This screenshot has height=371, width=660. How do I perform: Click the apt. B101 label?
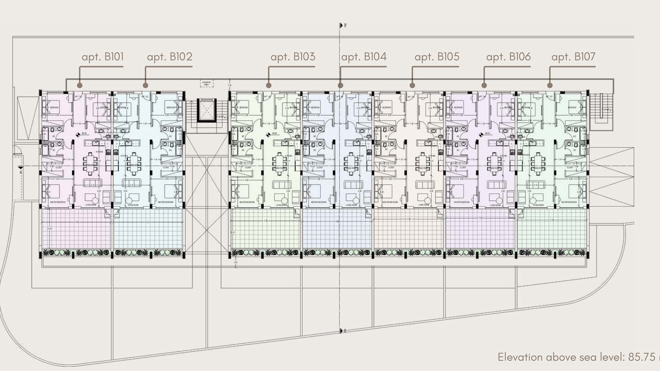click(x=102, y=57)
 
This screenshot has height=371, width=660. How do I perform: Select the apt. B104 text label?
click(x=364, y=57)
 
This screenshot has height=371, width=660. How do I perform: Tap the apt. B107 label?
click(x=573, y=57)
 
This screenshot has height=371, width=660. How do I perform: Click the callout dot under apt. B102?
click(x=145, y=85)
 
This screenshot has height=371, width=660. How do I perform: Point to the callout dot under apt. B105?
click(x=412, y=85)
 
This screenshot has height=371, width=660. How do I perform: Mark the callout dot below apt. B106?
click(x=484, y=85)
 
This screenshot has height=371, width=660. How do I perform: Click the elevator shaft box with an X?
click(x=207, y=110)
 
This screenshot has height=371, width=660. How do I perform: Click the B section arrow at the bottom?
click(x=342, y=331)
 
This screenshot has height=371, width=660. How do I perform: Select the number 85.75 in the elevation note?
click(x=641, y=357)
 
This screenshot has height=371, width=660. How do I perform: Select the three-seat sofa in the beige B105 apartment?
click(x=425, y=185)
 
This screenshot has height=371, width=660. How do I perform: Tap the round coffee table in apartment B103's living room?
click(x=284, y=201)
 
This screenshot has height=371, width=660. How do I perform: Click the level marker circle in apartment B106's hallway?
click(x=481, y=134)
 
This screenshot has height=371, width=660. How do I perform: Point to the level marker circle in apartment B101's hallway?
click(x=78, y=135)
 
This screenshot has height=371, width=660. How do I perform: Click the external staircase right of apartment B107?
click(x=601, y=106)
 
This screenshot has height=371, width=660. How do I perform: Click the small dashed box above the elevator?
click(x=207, y=83)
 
